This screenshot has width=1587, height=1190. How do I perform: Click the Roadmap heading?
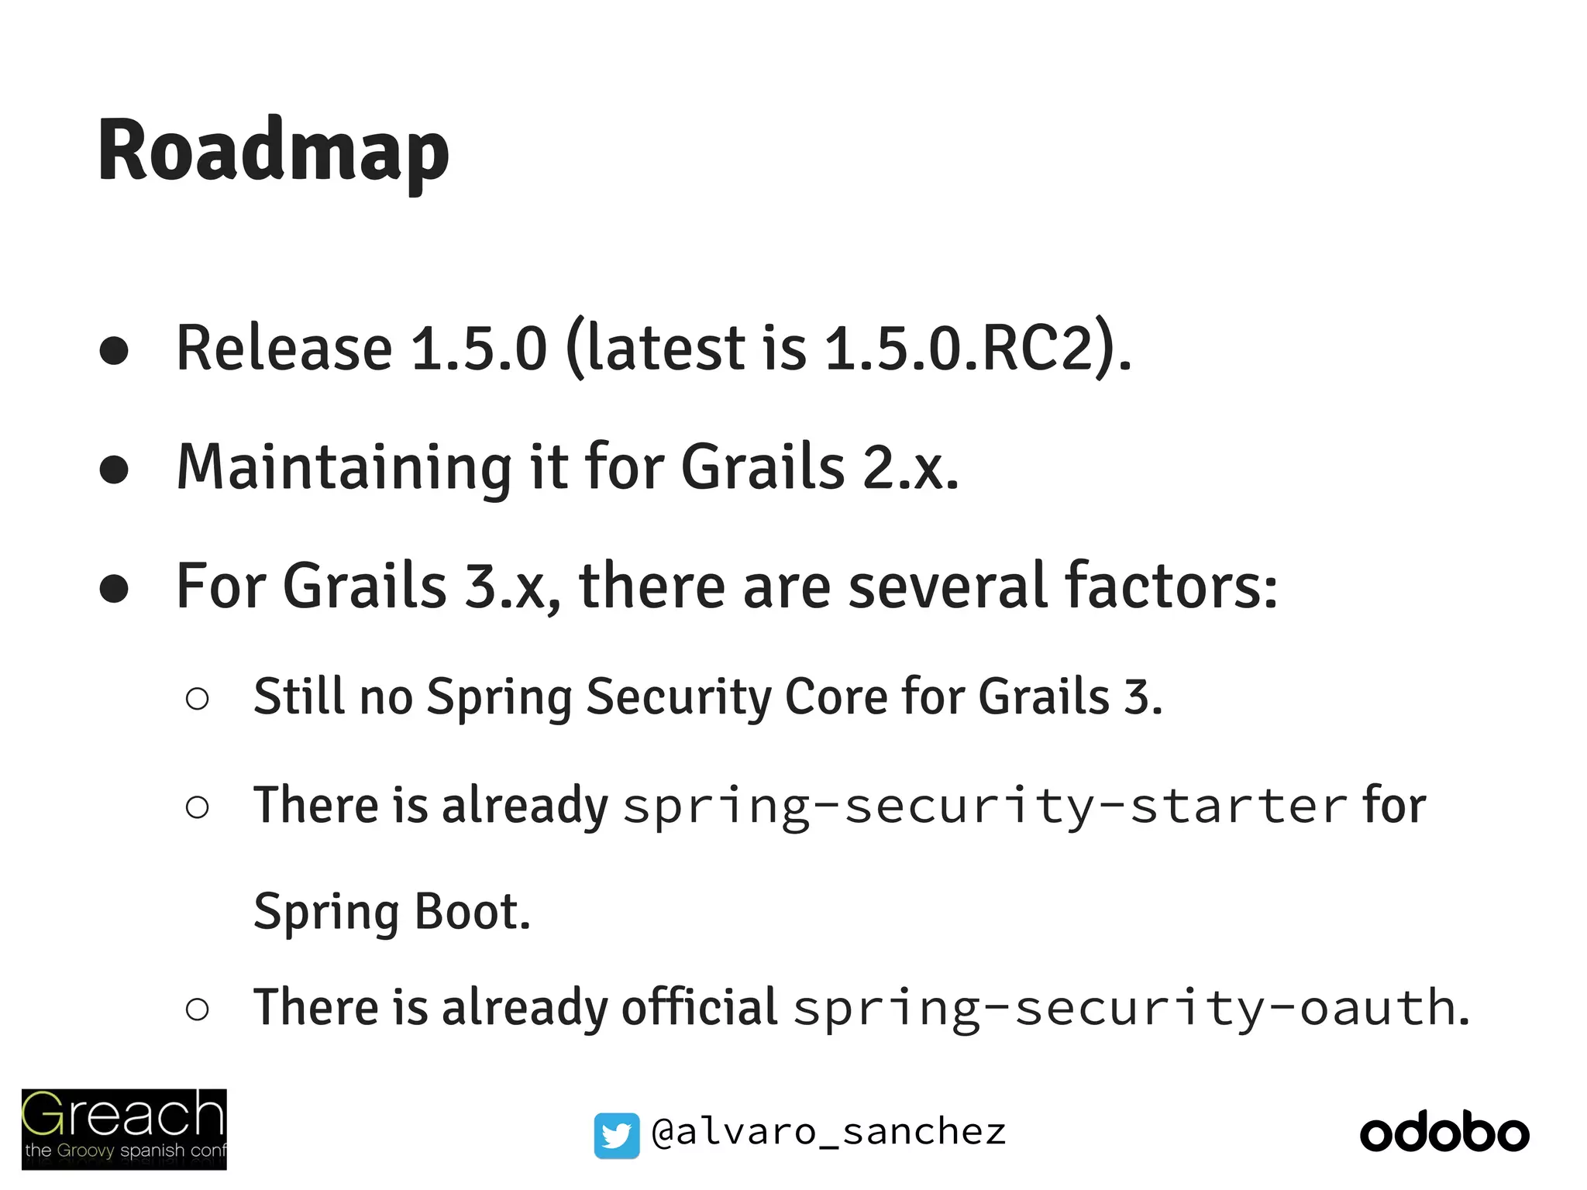(x=273, y=151)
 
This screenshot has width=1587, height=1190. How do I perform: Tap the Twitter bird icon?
(x=617, y=1136)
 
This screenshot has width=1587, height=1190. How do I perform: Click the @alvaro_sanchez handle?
(x=828, y=1133)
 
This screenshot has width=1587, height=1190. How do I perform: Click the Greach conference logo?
(x=124, y=1129)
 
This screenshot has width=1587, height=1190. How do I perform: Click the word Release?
(x=284, y=348)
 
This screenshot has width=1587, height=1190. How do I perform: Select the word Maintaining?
(x=344, y=469)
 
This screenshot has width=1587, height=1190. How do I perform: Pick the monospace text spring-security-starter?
(x=985, y=807)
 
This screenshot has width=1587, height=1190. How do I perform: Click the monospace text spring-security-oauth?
(x=1124, y=1009)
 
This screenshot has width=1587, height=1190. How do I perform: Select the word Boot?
(x=472, y=912)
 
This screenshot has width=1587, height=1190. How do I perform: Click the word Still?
(x=299, y=696)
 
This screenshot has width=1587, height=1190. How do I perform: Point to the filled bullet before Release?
(x=114, y=350)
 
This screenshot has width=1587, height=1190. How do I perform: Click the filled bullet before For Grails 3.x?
(x=114, y=589)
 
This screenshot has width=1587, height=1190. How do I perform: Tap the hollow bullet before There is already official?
(x=198, y=1009)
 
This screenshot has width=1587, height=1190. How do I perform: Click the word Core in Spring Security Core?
(x=835, y=696)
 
